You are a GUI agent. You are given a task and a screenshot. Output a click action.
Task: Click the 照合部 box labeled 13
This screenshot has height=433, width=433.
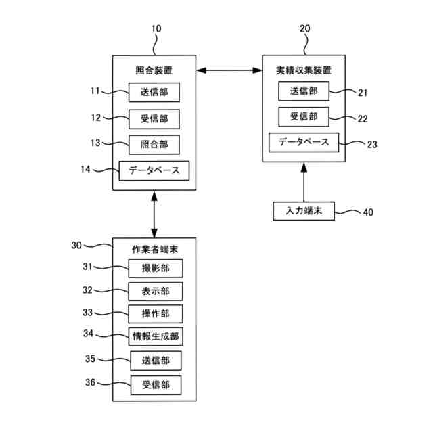tap(154, 145)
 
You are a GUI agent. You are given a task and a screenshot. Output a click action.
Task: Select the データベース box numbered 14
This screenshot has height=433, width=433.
tap(154, 170)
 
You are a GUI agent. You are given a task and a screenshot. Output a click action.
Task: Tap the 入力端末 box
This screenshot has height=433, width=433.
tap(304, 211)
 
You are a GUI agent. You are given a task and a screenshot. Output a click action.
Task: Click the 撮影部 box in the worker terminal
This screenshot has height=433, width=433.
tap(156, 268)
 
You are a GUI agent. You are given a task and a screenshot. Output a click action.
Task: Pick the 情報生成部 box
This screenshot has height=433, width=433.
tap(156, 336)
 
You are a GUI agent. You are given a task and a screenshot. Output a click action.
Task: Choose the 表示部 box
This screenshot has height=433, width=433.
tap(156, 291)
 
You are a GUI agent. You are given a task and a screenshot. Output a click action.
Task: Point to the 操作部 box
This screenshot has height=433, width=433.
tap(156, 314)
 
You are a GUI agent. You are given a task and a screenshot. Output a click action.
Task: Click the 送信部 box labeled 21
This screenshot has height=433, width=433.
tap(304, 91)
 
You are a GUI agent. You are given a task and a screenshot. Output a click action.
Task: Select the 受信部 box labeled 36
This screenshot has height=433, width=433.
tap(156, 385)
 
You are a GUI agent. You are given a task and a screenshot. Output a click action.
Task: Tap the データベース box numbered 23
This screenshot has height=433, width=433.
tap(304, 142)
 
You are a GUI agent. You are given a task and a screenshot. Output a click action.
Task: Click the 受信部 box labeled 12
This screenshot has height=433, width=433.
tap(154, 119)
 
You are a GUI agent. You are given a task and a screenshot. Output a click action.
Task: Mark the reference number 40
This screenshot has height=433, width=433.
tap(368, 212)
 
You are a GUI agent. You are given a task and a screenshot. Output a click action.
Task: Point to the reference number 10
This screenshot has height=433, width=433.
tap(156, 28)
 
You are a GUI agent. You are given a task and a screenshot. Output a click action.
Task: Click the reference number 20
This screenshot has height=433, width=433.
tap(305, 28)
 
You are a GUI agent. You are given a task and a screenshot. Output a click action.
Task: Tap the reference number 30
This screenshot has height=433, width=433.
tap(76, 245)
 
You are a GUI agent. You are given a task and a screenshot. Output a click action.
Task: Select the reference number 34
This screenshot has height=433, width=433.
tap(89, 334)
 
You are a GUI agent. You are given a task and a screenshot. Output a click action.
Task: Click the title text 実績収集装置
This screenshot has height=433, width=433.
tap(304, 70)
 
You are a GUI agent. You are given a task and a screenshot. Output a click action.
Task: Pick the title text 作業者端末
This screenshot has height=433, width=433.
tap(155, 250)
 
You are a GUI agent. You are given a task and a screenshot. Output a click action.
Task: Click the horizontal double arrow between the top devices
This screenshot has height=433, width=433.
tap(229, 70)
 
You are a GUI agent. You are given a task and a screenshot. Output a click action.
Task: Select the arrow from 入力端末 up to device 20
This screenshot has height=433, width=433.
tap(304, 182)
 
